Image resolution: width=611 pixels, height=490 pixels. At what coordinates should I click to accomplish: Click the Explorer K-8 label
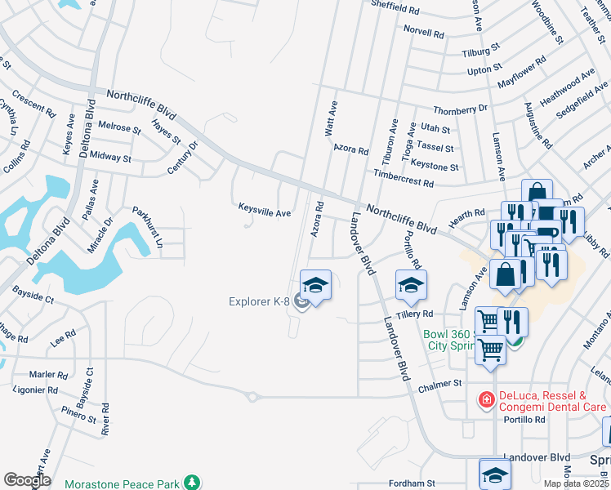tap(258, 302)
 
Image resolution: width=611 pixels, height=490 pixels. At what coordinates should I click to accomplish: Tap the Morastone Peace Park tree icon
tap(192, 483)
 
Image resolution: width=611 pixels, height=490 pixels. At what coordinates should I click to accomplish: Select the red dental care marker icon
tap(486, 399)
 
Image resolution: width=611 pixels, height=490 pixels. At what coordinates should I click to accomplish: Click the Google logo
tap(26, 480)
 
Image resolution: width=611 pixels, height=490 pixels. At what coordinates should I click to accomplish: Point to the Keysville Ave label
tap(264, 212)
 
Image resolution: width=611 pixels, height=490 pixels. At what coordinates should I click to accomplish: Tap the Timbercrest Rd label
tap(404, 176)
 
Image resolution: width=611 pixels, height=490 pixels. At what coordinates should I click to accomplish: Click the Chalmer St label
tap(439, 383)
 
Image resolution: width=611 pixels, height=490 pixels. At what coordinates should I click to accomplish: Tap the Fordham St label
tap(411, 483)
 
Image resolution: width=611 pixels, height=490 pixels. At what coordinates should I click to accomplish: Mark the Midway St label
tap(110, 156)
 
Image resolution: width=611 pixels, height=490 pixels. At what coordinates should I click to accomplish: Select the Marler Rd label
tap(48, 375)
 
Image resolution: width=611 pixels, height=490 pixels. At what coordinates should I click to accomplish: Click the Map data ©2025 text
tap(577, 483)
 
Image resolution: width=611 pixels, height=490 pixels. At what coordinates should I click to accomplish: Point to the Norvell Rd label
tap(424, 32)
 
